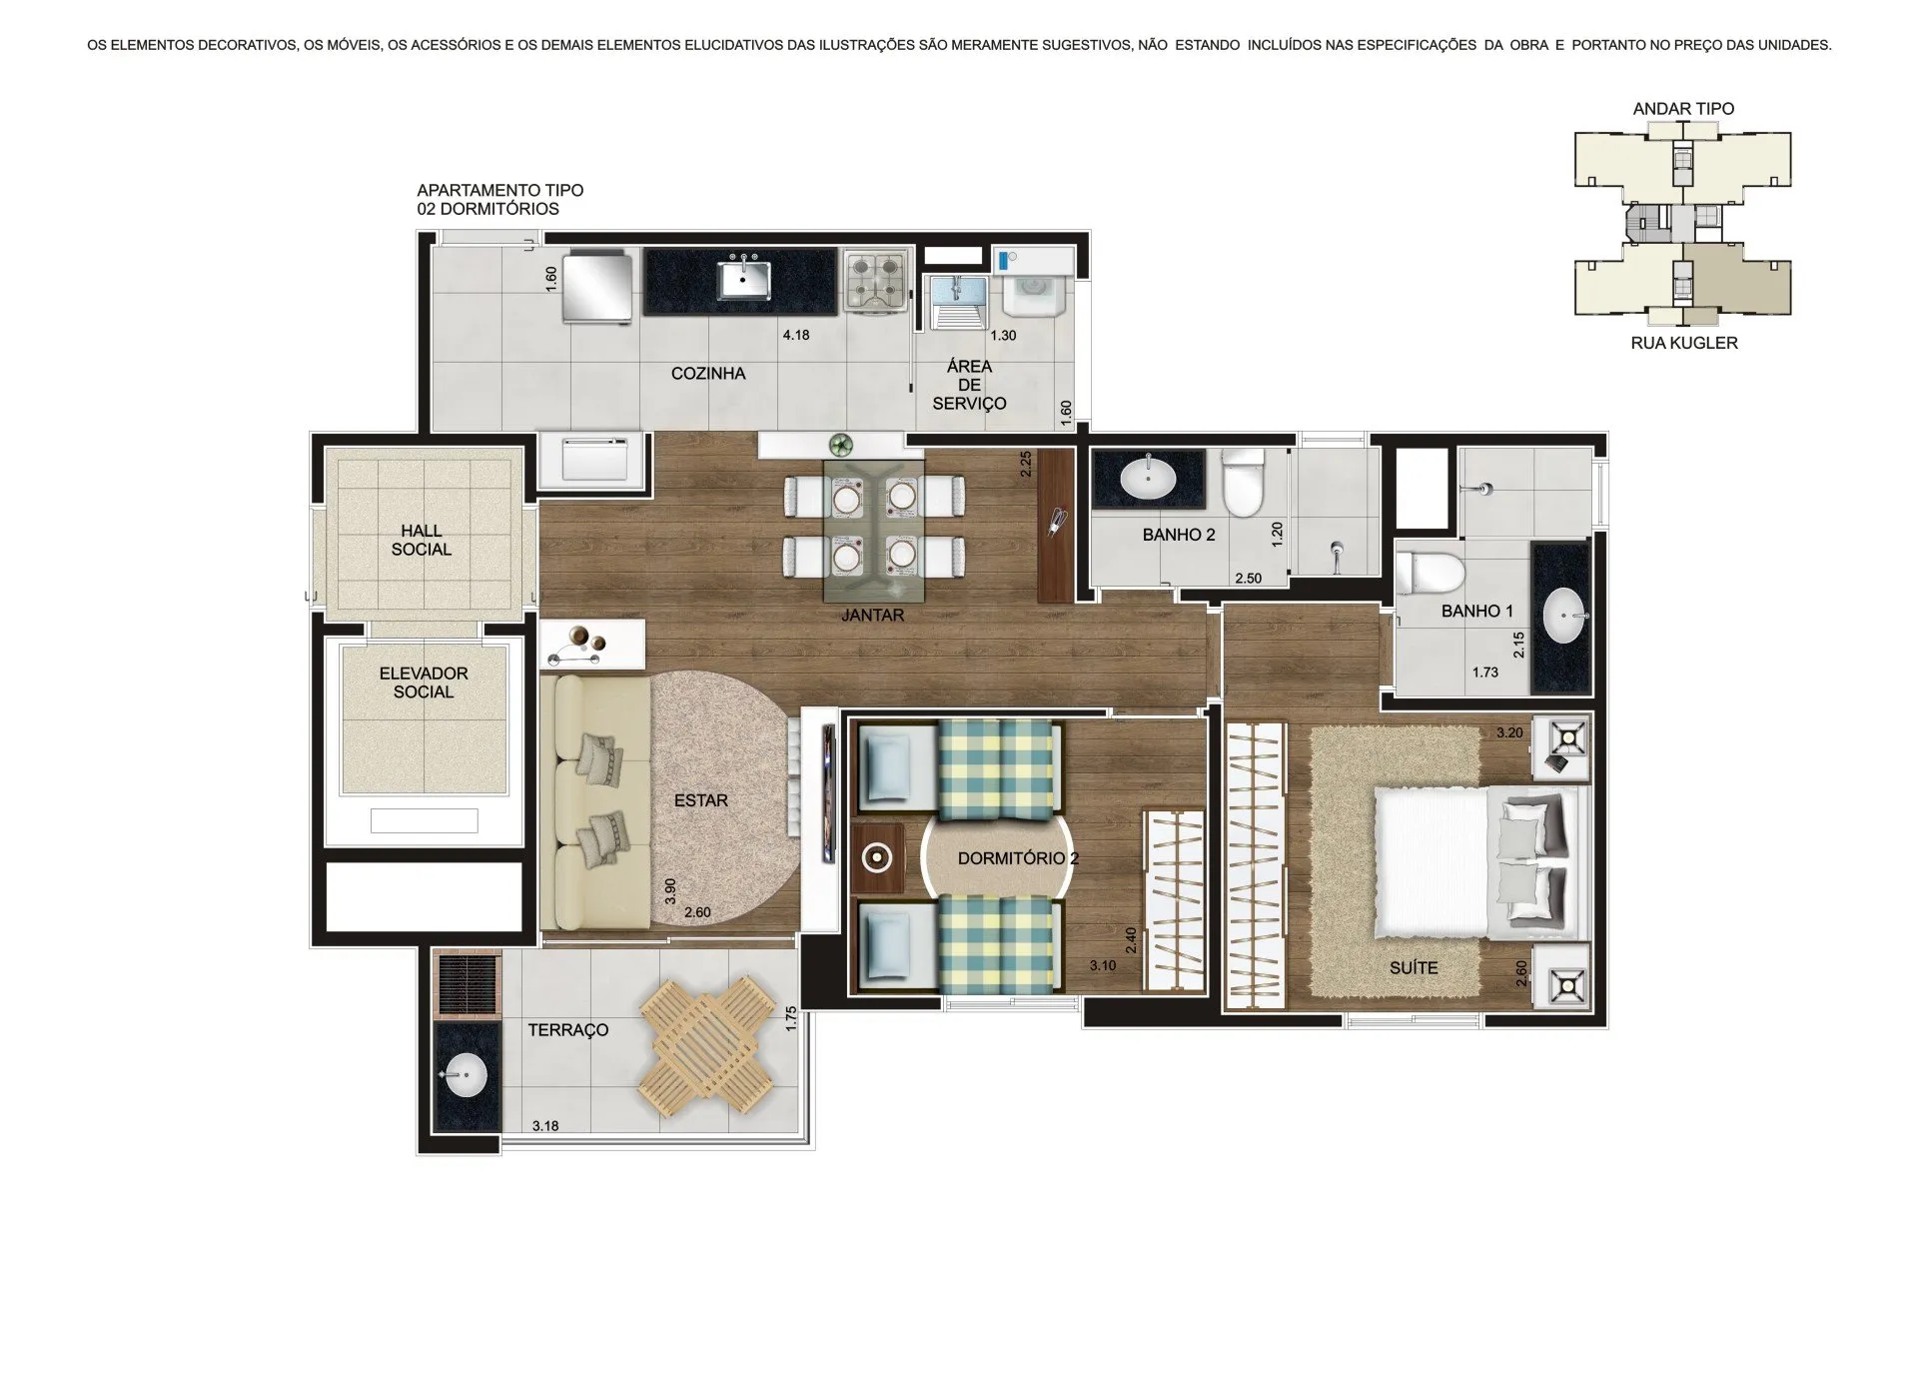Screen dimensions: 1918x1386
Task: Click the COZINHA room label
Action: pos(708,374)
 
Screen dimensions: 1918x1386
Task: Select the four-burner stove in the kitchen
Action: pos(876,282)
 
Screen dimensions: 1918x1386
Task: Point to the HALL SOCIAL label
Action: pos(422,541)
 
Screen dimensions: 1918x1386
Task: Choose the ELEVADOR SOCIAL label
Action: pos(424,683)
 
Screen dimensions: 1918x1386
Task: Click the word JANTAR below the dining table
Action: pos(872,616)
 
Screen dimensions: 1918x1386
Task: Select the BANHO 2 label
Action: pos(1179,535)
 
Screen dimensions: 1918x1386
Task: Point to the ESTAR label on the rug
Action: pos(701,800)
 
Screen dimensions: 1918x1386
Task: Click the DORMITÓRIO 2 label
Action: pos(1018,858)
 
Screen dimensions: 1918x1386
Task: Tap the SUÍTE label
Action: pos(1414,967)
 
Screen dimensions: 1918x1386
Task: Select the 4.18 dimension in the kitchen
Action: pos(796,335)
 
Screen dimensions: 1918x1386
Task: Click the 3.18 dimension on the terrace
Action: pos(545,1126)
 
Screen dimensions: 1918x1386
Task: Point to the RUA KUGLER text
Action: pos(1684,343)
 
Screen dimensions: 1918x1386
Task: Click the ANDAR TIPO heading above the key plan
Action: pos(1683,108)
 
